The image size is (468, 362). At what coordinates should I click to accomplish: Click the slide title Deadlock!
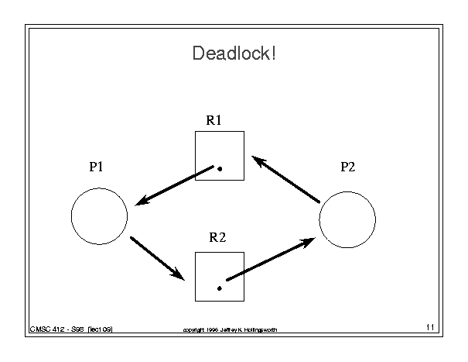tap(233, 55)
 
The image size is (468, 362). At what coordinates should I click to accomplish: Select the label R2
tap(218, 238)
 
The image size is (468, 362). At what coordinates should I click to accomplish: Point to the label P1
tap(97, 167)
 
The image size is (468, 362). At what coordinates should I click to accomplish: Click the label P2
tap(347, 167)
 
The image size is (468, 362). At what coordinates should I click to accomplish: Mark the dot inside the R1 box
tap(220, 168)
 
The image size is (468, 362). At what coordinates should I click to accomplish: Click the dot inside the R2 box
tap(220, 288)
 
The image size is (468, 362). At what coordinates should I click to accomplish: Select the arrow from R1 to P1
tap(174, 186)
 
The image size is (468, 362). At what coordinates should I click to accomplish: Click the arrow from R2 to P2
tap(270, 260)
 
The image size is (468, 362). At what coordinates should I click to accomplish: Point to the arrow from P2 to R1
tap(286, 180)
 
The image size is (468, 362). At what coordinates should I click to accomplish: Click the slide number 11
tap(431, 329)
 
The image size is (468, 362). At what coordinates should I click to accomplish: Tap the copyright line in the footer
tap(230, 330)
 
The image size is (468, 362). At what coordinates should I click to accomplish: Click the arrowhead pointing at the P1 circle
tap(142, 202)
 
